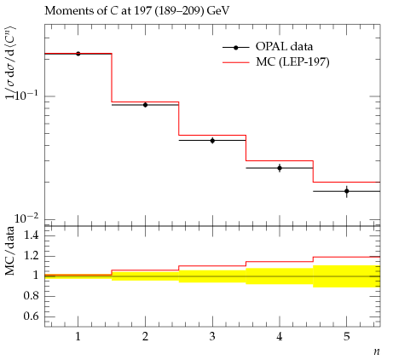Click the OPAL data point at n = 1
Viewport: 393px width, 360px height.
[78, 54]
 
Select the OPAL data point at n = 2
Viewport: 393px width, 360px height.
[145, 105]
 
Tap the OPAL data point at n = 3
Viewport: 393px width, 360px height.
[212, 140]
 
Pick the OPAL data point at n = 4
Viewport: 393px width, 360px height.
[280, 168]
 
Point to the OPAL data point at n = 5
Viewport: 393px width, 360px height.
[347, 191]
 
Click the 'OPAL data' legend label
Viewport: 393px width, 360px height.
[284, 46]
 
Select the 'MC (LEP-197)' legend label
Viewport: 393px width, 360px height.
[292, 62]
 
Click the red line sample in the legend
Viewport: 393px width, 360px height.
[236, 62]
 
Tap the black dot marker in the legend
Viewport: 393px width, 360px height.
[236, 48]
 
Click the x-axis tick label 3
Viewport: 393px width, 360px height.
[212, 337]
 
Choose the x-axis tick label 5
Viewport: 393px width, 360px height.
[347, 337]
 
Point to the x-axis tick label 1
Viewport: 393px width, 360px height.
[78, 337]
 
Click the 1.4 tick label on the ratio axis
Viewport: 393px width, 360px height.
[32, 235]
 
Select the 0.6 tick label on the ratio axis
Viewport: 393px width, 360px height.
[32, 316]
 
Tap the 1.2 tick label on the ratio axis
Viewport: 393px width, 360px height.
[32, 255]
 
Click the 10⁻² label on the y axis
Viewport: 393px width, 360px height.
[26, 218]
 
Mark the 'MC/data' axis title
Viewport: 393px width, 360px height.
[9, 251]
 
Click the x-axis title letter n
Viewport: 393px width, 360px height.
[377, 351]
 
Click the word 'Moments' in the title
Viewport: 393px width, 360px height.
[64, 11]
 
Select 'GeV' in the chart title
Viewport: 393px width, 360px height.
[218, 11]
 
